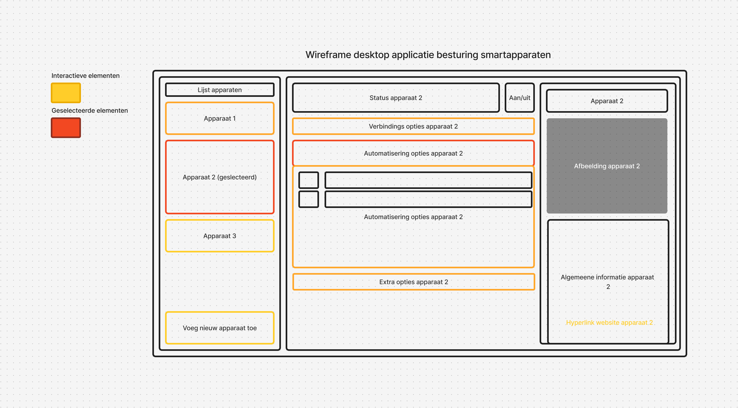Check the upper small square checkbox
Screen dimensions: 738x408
tap(308, 180)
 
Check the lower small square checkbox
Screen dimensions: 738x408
tap(308, 199)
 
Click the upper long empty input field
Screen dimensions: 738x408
tap(428, 180)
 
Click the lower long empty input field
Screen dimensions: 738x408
tap(428, 199)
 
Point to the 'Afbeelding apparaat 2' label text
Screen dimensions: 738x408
tap(607, 166)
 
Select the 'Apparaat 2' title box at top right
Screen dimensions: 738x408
tap(607, 101)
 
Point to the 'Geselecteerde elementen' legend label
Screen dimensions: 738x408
tap(90, 111)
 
